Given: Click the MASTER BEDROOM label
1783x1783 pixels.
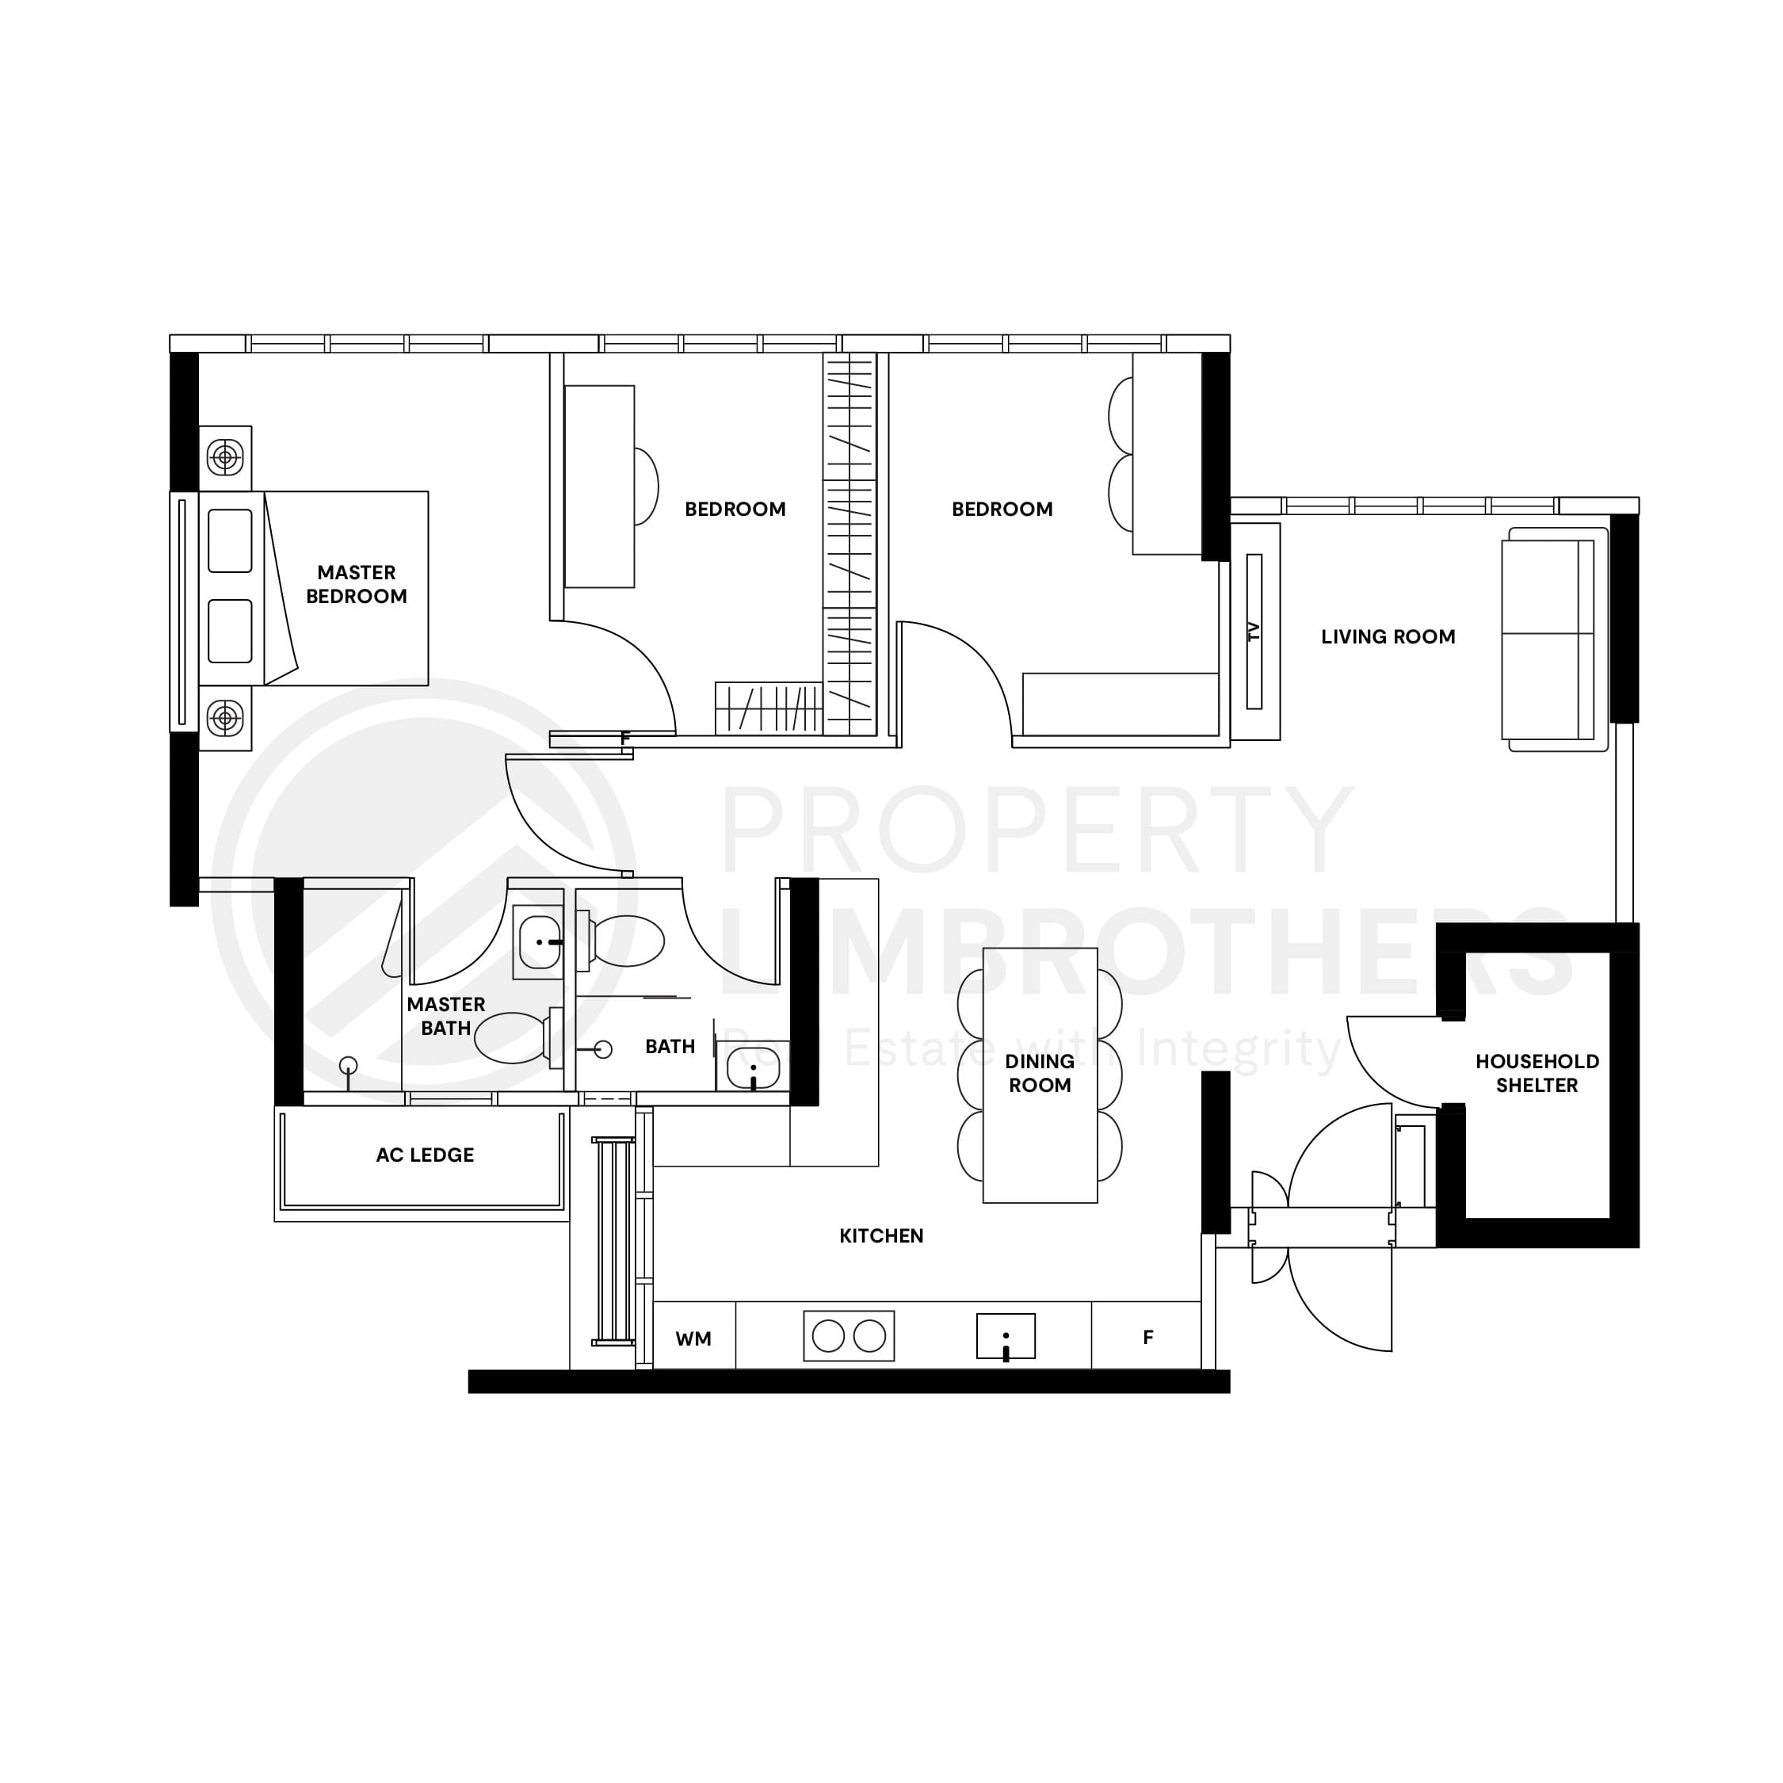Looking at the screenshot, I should coord(357,584).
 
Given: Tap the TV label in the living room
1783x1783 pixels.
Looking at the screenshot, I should coord(1254,632).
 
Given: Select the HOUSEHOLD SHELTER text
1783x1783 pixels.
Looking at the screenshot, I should coord(1537,1073).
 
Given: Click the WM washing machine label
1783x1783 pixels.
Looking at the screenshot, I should coord(693,1339).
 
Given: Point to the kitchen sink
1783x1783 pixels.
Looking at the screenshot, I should coord(1005,1335).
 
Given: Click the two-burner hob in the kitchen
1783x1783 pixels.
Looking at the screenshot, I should coord(848,1335).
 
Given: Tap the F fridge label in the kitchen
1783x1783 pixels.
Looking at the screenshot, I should coord(1148,1338).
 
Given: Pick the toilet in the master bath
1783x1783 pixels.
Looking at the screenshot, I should coord(515,1037).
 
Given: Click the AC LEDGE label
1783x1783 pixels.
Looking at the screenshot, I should coord(425,1155).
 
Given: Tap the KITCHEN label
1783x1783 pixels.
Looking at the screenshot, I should coord(880,1235).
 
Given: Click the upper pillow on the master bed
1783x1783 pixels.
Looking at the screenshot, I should coord(230,540).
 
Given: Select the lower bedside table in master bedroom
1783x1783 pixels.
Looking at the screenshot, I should coord(225,718).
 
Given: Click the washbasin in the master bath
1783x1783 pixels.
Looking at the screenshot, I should coord(538,942).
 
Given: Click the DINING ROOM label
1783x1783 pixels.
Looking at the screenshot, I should coord(1039,1073).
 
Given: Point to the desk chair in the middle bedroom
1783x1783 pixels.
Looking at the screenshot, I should coord(646,487).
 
